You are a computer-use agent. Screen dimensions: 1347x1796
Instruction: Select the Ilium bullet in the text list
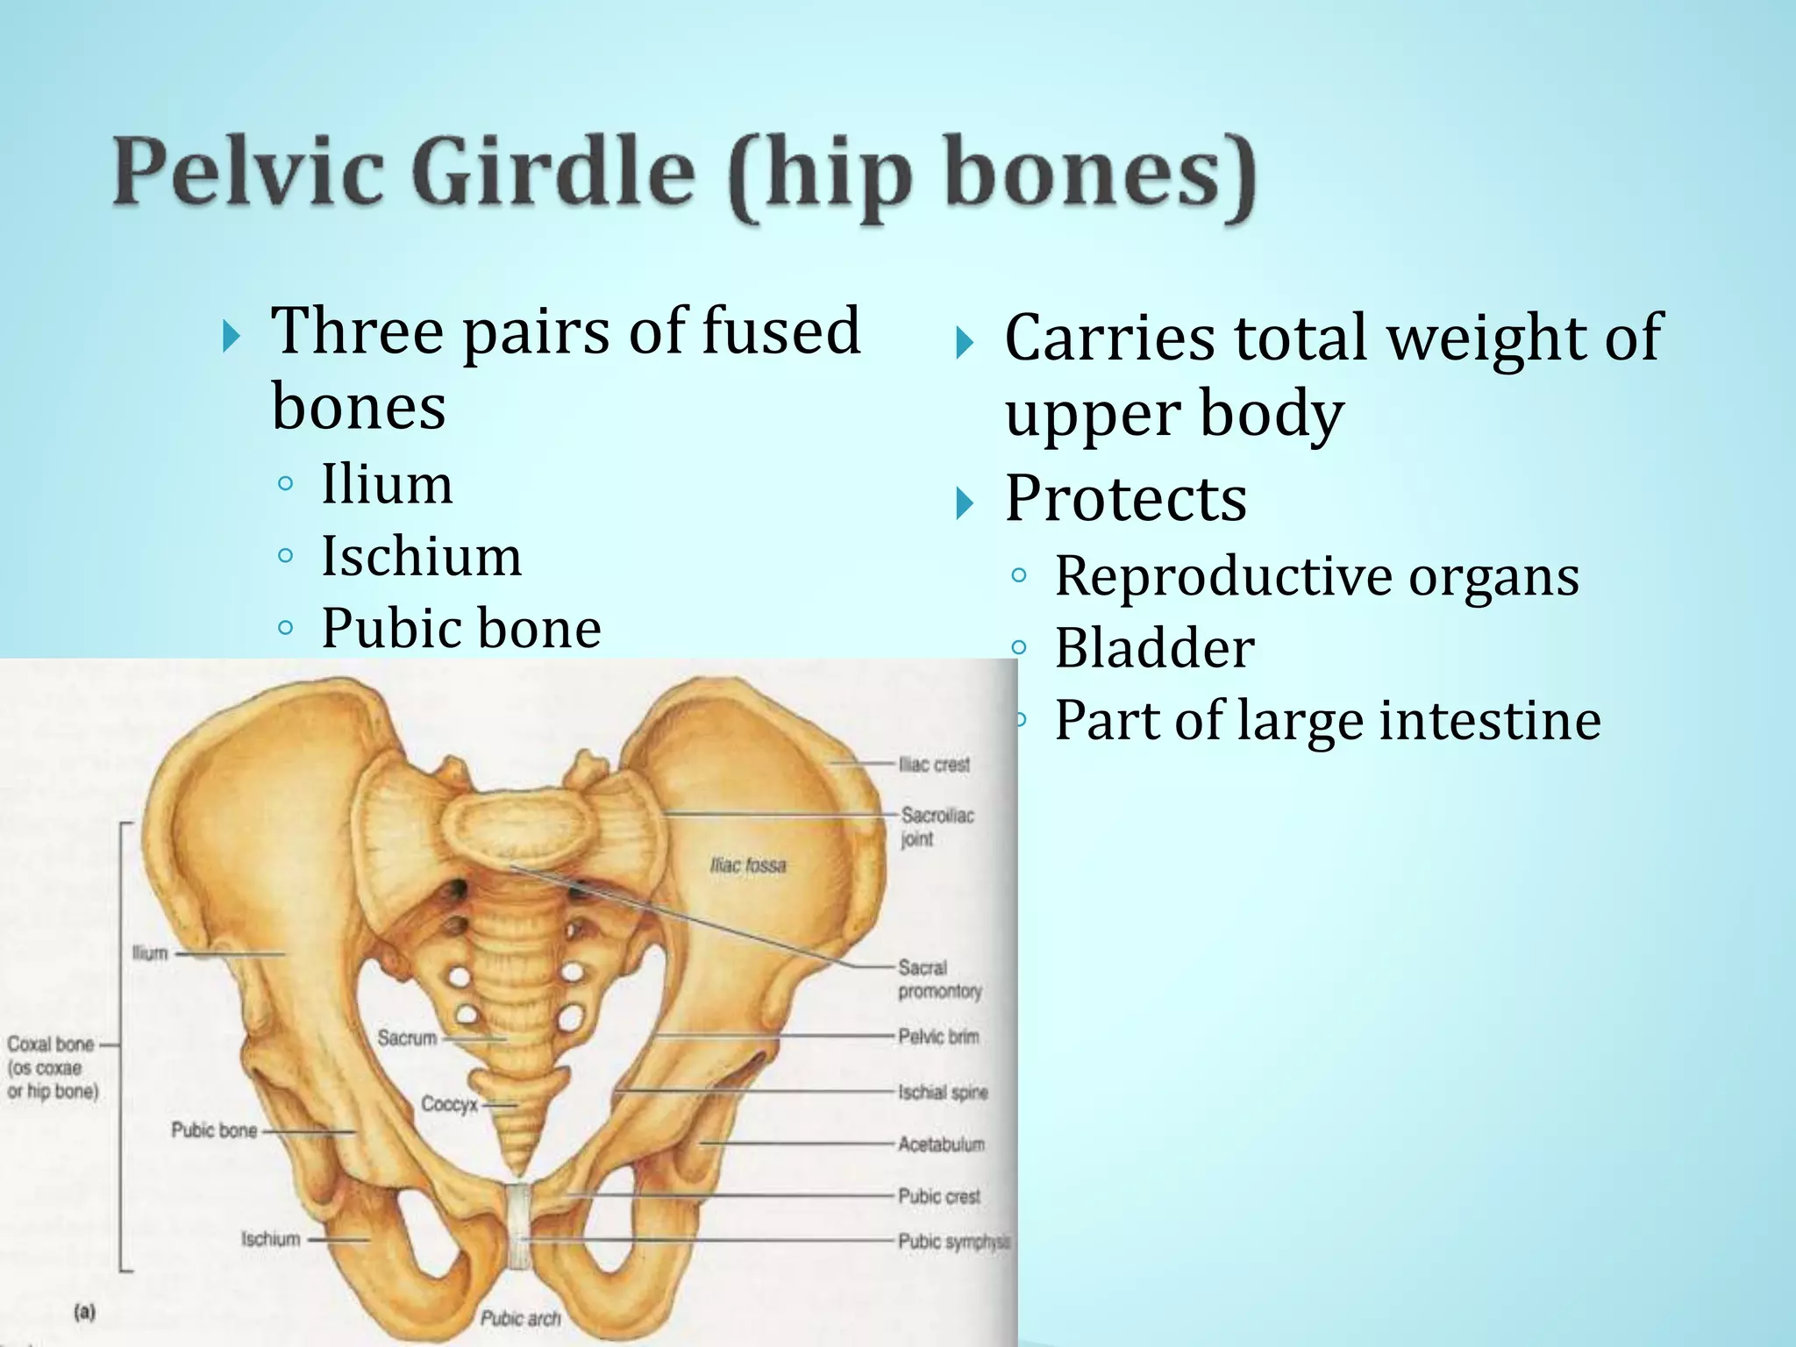coord(387,484)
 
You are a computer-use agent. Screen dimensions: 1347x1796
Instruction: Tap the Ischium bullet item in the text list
coord(421,556)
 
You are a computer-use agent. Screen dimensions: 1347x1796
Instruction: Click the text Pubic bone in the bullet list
coord(461,628)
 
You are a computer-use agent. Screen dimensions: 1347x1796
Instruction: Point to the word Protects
coord(1125,498)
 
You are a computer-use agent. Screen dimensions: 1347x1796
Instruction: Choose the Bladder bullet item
coord(1154,648)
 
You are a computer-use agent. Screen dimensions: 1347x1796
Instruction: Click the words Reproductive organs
coord(1316,576)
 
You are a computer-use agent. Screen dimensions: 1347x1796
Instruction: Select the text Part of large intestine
coord(1327,720)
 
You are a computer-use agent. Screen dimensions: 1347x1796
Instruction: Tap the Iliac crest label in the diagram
coord(935,765)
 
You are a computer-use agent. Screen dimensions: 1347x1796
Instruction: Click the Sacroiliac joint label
coord(937,827)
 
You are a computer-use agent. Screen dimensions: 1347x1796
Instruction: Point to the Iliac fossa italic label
coord(748,866)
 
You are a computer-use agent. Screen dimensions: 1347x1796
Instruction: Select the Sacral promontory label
coord(939,980)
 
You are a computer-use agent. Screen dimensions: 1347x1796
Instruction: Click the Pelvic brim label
coord(938,1037)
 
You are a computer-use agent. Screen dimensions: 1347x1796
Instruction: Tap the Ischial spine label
coord(943,1093)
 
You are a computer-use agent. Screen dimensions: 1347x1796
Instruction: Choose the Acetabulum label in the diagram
coord(941,1144)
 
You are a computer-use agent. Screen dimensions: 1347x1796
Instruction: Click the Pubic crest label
coord(939,1196)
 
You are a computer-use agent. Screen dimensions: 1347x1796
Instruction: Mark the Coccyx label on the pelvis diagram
coord(449,1104)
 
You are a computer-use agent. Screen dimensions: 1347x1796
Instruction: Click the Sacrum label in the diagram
coord(407,1038)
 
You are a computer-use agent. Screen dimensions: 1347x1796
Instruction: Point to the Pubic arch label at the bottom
coord(520,1318)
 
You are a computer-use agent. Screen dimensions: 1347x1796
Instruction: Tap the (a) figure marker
coord(85,1313)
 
